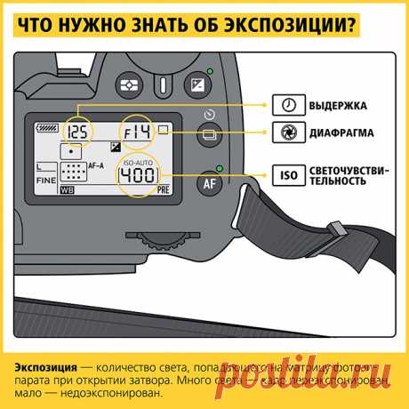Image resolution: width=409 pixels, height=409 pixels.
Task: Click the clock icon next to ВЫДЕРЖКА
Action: tap(285, 104)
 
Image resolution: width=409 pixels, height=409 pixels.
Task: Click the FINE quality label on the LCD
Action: tap(46, 178)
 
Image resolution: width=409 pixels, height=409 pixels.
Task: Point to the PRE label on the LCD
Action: tap(163, 190)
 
